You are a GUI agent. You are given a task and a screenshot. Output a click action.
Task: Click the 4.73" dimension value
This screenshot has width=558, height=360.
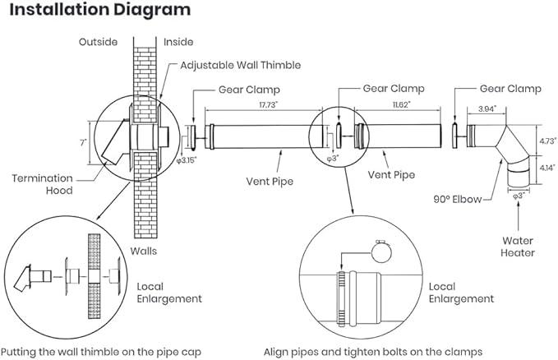pyautogui.click(x=545, y=140)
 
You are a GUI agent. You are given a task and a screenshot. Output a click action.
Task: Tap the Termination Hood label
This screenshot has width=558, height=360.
pyautogui.click(x=42, y=183)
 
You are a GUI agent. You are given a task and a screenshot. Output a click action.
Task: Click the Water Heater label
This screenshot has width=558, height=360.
pyautogui.click(x=517, y=247)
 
